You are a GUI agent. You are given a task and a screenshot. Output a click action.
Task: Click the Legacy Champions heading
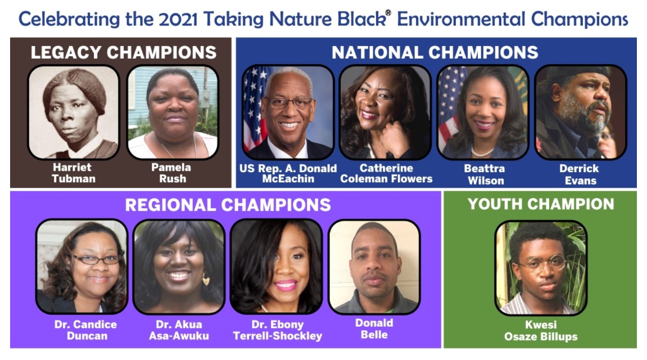tap(123, 52)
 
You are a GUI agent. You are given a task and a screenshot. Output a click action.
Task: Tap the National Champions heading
tap(435, 52)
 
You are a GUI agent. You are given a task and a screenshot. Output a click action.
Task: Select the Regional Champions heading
tap(228, 205)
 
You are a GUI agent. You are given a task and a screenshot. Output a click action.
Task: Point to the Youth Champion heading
tap(541, 204)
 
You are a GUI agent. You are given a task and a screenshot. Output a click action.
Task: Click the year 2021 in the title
tap(178, 19)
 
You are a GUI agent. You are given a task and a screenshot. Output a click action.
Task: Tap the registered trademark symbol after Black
tap(388, 12)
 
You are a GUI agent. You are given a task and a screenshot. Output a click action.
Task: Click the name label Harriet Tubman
tap(74, 173)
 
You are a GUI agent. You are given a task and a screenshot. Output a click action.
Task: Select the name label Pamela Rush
tap(171, 173)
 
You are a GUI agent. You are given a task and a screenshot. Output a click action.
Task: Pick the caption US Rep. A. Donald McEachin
tap(288, 173)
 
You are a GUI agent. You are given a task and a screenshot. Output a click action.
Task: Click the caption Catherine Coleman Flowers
tap(386, 173)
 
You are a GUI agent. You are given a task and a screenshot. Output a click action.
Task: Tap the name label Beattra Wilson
tap(485, 174)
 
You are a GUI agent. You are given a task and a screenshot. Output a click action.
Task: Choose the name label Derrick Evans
tap(580, 174)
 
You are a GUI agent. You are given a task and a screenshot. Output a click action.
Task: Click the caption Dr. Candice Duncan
tap(86, 330)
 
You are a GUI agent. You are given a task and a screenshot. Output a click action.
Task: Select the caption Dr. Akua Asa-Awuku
tap(179, 330)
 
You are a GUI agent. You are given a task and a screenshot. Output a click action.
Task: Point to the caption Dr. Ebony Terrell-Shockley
tap(277, 330)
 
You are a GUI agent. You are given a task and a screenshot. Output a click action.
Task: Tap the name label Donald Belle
tap(374, 328)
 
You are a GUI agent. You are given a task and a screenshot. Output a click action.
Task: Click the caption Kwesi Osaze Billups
tap(541, 330)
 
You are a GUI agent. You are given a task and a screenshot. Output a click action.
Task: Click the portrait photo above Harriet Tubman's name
tap(74, 112)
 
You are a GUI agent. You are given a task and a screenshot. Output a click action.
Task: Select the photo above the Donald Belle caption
tap(374, 267)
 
